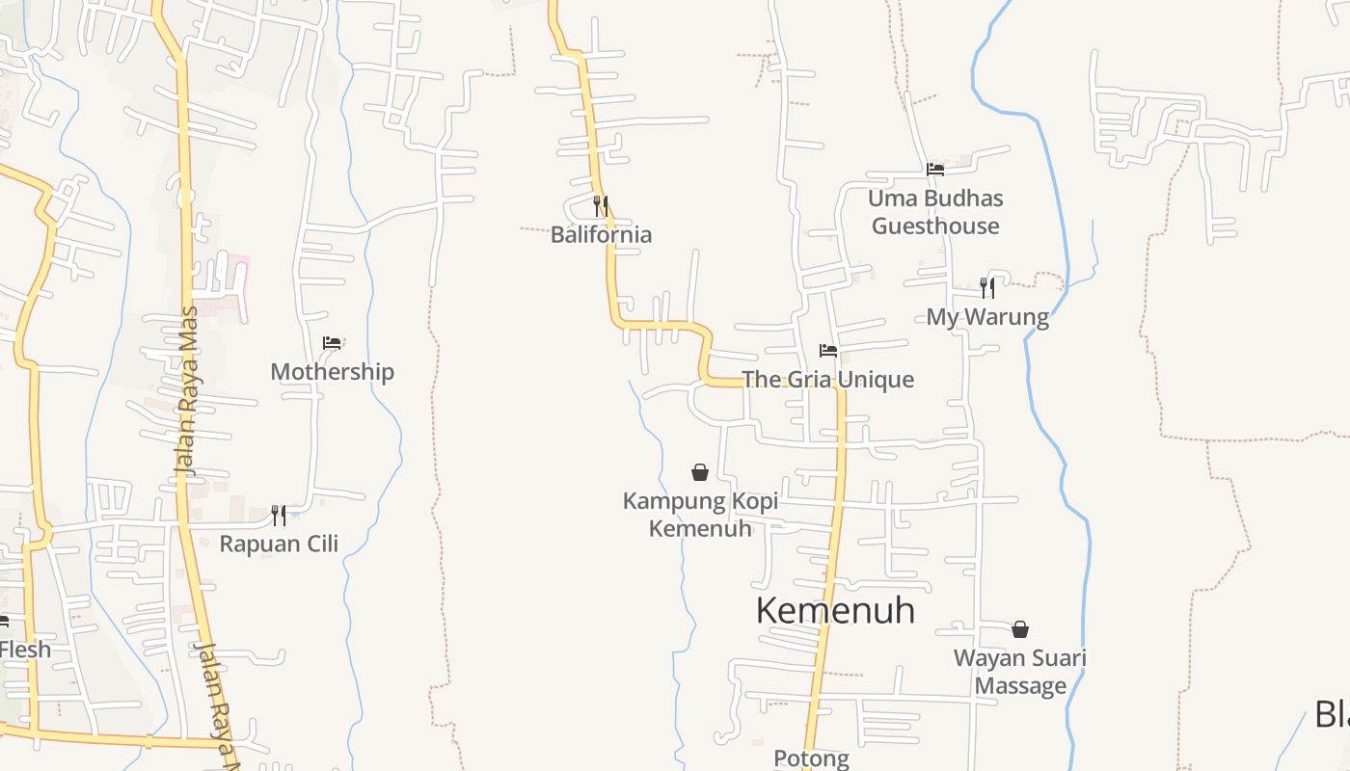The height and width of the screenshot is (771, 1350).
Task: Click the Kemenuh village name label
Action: point(835,610)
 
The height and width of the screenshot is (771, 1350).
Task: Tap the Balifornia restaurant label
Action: point(601,234)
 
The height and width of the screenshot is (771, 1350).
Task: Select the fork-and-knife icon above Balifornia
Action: point(601,205)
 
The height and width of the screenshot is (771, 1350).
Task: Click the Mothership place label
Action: point(332,372)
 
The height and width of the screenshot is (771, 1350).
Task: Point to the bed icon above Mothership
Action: point(332,343)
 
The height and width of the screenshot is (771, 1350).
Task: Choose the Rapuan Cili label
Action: point(279,544)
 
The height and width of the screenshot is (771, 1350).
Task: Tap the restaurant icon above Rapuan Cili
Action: point(279,515)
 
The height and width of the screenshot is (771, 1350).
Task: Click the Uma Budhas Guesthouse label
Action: point(935,212)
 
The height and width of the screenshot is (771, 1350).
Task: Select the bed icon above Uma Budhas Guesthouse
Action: point(934,170)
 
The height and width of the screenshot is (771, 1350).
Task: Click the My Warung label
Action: point(987,317)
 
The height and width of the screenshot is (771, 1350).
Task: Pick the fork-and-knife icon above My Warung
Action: point(987,287)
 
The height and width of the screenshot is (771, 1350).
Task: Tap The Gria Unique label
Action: point(827,380)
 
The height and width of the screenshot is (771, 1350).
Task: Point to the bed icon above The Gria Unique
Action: point(827,350)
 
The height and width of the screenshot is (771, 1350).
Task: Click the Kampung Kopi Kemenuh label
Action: point(700,515)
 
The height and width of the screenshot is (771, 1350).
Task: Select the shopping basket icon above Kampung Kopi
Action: point(700,472)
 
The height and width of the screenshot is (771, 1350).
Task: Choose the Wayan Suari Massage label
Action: point(1020,672)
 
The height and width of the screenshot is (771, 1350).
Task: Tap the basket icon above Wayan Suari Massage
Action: point(1020,630)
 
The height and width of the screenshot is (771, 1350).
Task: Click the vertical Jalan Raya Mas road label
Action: point(186,390)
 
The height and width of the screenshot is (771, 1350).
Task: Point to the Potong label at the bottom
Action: point(811,759)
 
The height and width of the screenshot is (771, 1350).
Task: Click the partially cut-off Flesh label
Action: point(25,650)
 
